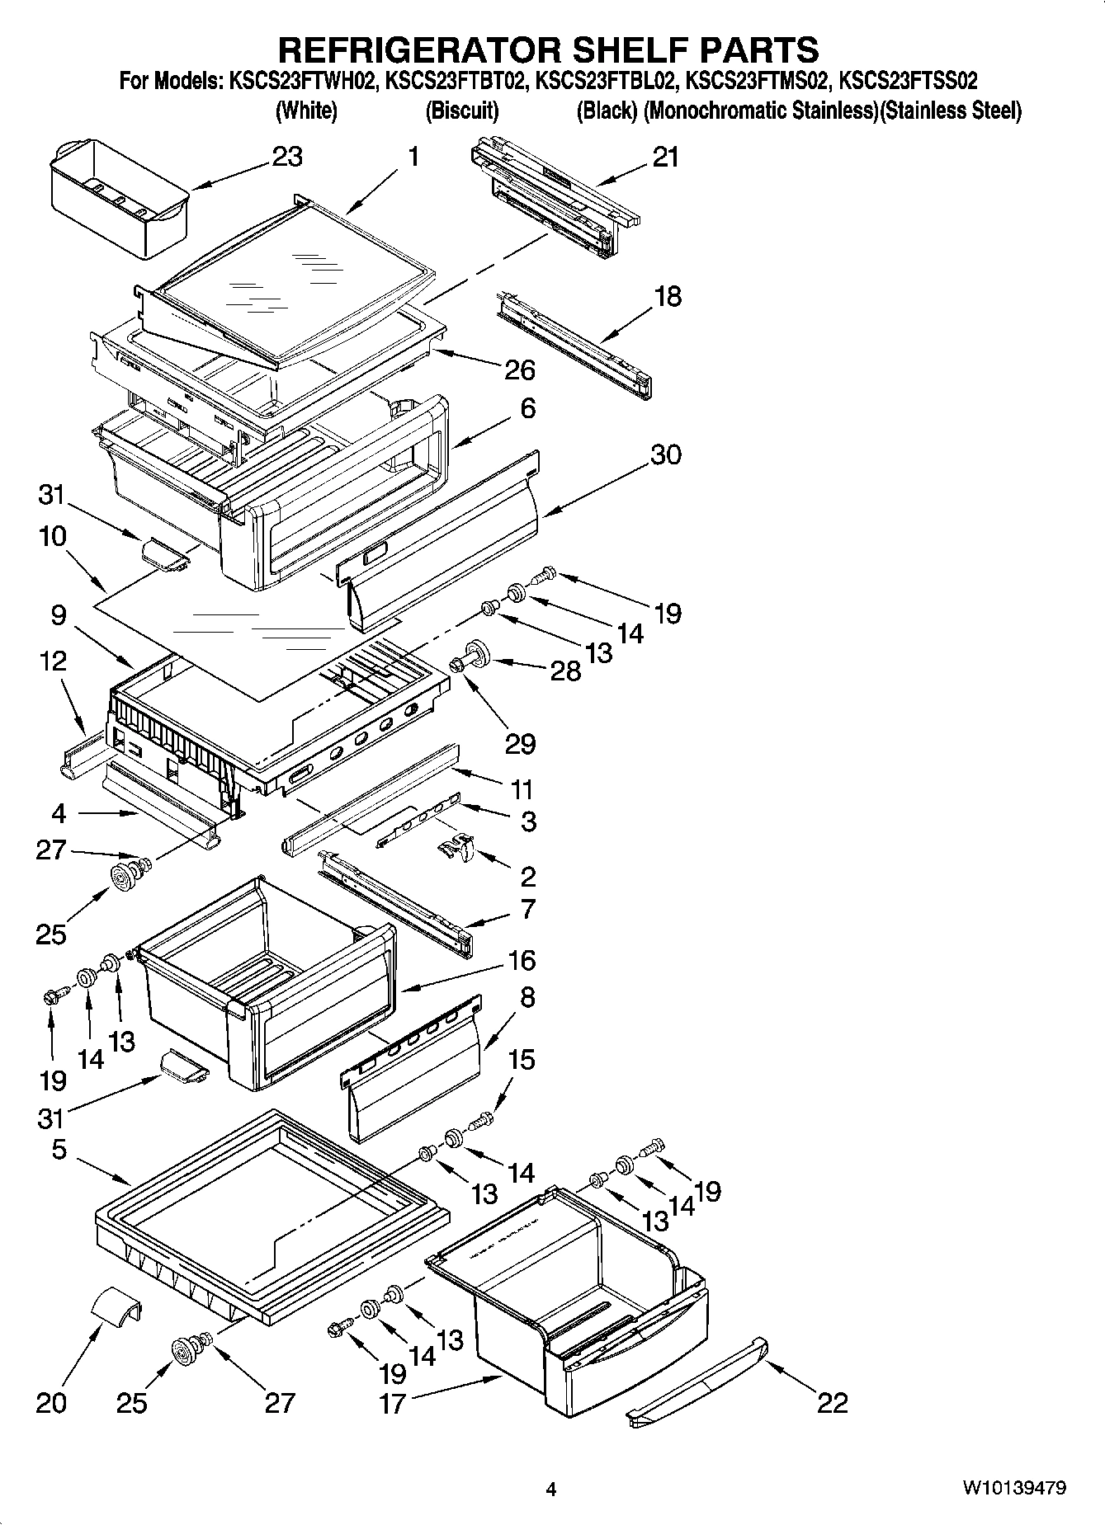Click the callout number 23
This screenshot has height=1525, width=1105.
coord(286,156)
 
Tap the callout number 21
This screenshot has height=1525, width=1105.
coord(665,157)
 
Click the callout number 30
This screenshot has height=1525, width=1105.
coord(665,454)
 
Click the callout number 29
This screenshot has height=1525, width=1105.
coord(521,743)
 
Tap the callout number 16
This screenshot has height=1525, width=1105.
coord(521,960)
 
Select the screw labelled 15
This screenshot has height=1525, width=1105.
coord(484,1120)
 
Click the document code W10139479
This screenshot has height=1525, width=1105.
coord(1013,1489)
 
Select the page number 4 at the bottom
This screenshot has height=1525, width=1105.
coord(551,1490)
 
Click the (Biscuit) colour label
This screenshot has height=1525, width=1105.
coord(461,111)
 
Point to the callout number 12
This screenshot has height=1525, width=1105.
coord(53,661)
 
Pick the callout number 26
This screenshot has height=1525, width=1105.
coord(520,369)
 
